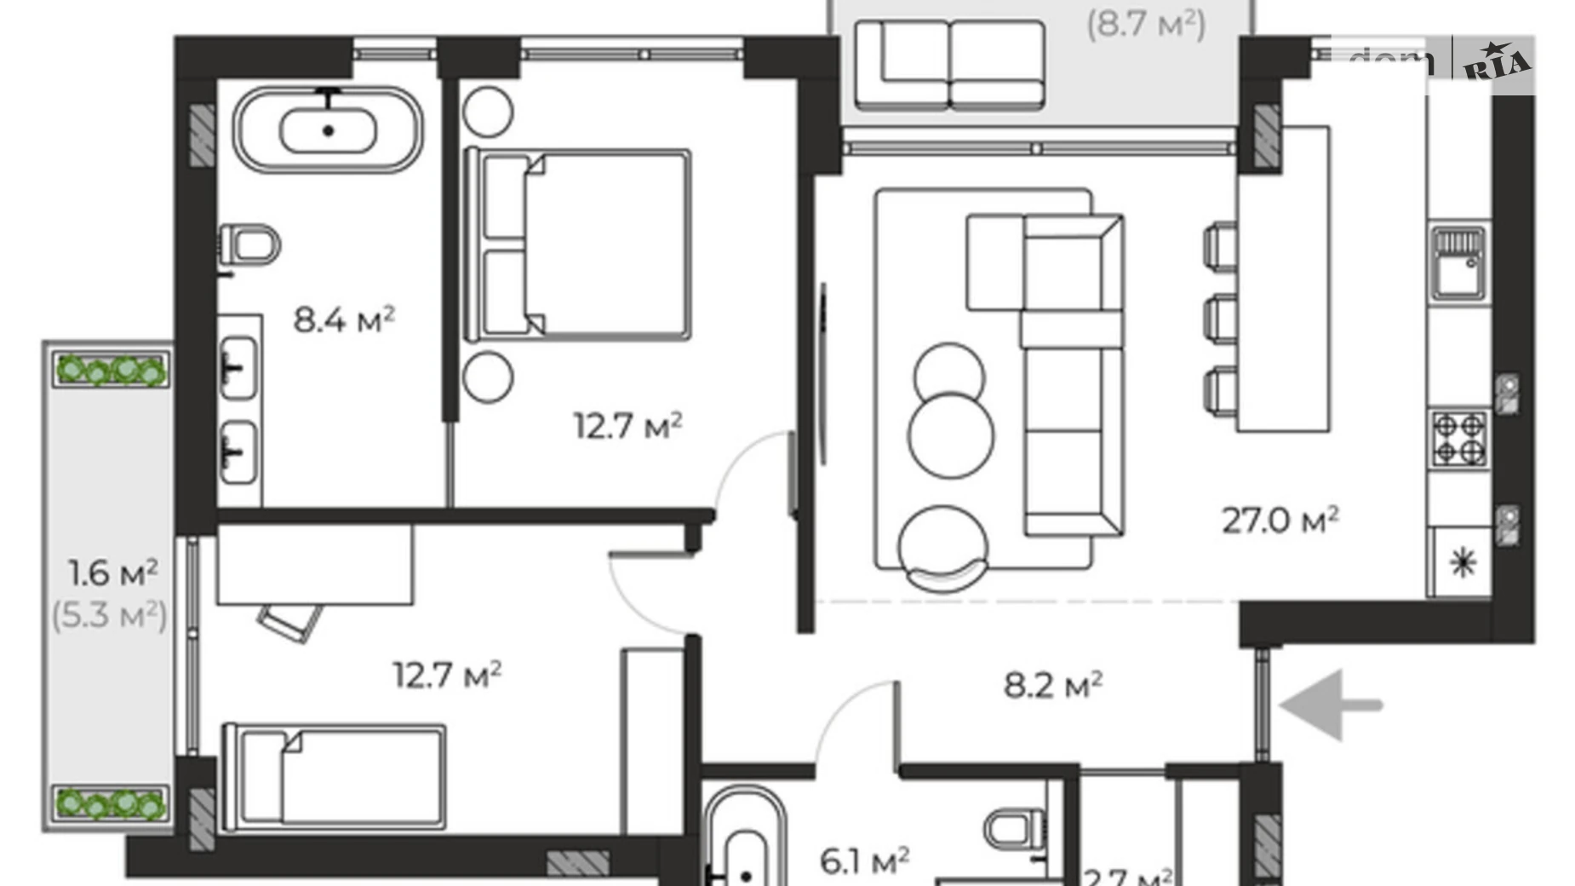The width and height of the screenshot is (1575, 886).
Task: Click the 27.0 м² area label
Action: (1280, 520)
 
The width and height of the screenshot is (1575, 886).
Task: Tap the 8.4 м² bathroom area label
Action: (344, 320)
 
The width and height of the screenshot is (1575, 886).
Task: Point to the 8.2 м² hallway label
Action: (1053, 684)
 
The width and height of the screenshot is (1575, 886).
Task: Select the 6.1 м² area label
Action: (864, 860)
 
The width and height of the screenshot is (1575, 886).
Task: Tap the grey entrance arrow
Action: (1330, 705)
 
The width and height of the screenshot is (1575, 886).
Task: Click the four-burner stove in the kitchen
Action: (1459, 438)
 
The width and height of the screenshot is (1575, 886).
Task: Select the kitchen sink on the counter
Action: (1458, 263)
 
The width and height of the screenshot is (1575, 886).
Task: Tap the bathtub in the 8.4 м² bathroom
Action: (328, 130)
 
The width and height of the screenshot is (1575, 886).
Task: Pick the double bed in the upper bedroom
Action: (579, 245)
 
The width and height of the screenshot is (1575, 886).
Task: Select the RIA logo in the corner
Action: (1497, 62)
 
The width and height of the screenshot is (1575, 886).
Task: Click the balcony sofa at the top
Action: (949, 66)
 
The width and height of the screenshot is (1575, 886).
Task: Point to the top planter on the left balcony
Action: (111, 371)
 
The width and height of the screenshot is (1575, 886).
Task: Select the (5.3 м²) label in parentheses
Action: (110, 615)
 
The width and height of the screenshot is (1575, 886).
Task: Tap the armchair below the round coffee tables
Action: (943, 547)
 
